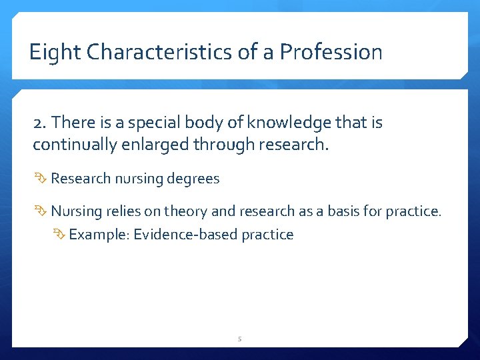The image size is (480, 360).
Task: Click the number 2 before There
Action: coord(38,123)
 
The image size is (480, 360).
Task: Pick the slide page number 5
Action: coord(240,339)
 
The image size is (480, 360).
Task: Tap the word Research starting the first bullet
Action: coord(81,179)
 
